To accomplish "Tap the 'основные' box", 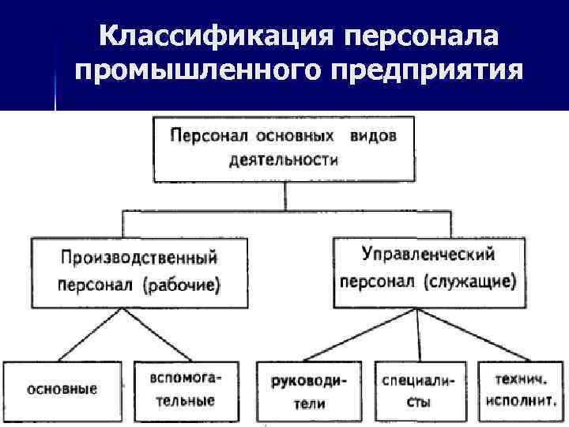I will click(x=62, y=389).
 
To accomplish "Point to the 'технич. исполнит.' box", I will click(x=520, y=389).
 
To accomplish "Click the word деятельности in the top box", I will click(x=284, y=161).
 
